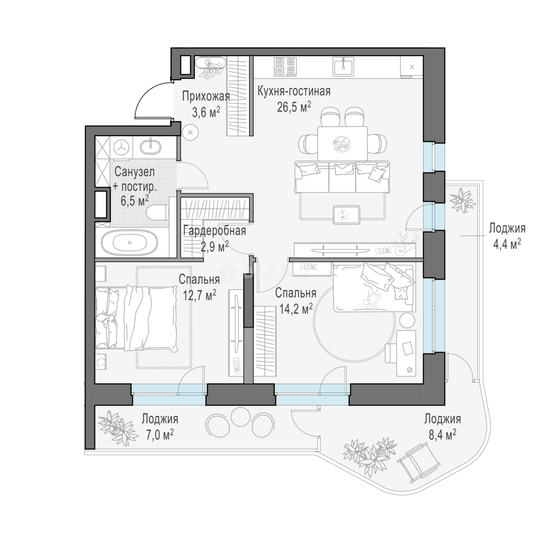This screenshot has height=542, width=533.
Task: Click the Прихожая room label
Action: [x=206, y=96]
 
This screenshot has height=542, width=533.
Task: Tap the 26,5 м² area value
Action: [x=294, y=107]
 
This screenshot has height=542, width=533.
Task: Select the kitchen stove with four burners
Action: [x=285, y=67]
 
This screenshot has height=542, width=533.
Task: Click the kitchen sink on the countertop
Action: [x=343, y=66]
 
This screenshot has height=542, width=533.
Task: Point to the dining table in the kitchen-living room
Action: [x=343, y=144]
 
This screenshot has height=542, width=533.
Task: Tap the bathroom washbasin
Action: [x=151, y=146]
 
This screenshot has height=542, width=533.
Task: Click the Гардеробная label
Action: [x=215, y=230]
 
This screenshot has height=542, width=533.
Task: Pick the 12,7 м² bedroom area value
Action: [x=200, y=295]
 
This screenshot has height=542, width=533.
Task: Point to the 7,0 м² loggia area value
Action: [x=160, y=435]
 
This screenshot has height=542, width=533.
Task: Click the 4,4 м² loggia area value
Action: [x=507, y=244]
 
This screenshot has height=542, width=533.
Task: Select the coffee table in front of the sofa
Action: [x=347, y=215]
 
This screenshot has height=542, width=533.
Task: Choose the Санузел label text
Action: [x=135, y=172]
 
